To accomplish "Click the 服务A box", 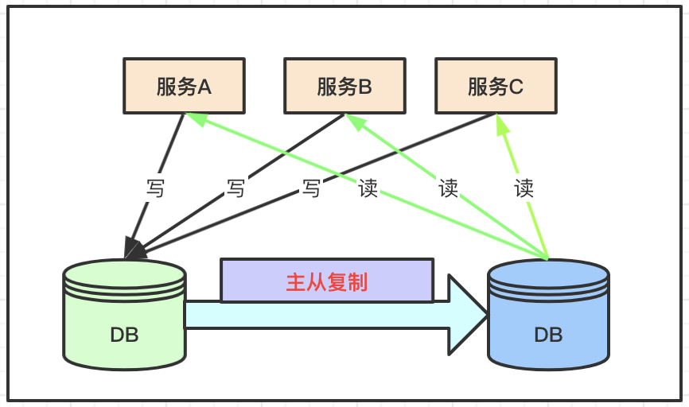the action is point(184,86).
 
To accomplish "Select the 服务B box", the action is point(344,86).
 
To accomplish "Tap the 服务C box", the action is point(496,86).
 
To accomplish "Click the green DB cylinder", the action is point(125,314).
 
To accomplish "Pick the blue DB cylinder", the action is point(548,314).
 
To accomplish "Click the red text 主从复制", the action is point(326,282).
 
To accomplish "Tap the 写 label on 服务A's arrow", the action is point(155,188).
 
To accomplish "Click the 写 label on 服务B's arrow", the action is point(236,188).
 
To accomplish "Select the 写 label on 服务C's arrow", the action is point(312,188).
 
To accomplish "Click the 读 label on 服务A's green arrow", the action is point(368,188).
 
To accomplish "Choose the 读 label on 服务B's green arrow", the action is point(448,188).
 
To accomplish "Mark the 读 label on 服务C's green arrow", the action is point(524,188).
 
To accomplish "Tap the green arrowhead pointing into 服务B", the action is point(356,122).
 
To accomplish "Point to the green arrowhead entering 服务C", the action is point(502,123).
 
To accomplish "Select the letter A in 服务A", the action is point(204,87).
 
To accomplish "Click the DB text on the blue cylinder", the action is point(548,335).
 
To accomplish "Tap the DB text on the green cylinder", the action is point(124,335).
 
